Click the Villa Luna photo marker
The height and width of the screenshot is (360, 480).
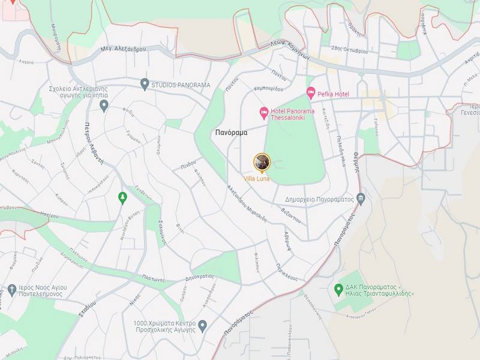coord(262,161)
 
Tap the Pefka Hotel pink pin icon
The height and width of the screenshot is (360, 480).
coord(311,93)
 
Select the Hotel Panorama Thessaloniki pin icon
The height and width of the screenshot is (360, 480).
coord(263,112)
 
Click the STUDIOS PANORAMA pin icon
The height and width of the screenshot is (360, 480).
coord(144,84)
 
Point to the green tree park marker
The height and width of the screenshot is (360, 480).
coord(122,197)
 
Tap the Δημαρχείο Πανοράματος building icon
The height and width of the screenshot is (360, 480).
coord(360,198)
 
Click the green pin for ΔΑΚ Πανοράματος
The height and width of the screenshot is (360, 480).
coord(338,289)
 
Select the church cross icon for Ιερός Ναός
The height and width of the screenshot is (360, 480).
coord(12,291)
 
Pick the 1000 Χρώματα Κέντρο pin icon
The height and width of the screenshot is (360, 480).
coord(202,326)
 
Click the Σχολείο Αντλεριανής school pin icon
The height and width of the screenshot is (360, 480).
coord(104,106)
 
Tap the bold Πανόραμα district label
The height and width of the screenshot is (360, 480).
coord(231,133)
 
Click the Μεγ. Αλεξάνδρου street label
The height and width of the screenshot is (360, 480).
coord(124,49)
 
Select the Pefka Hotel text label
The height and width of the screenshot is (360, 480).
coord(334,94)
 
